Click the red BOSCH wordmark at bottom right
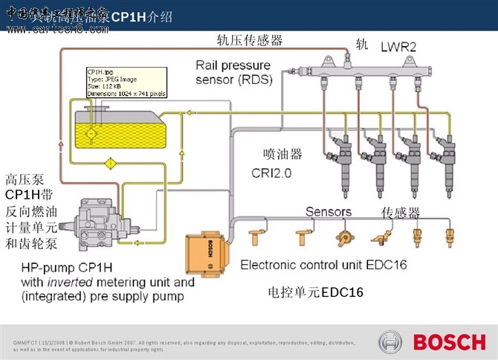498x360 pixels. coord(449,342)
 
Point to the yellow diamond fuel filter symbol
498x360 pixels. coord(110,161)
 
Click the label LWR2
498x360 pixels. coord(398,46)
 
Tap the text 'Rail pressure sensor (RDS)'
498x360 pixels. coord(235,71)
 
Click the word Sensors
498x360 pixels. coord(329,212)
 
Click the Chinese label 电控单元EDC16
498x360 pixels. coord(315,292)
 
